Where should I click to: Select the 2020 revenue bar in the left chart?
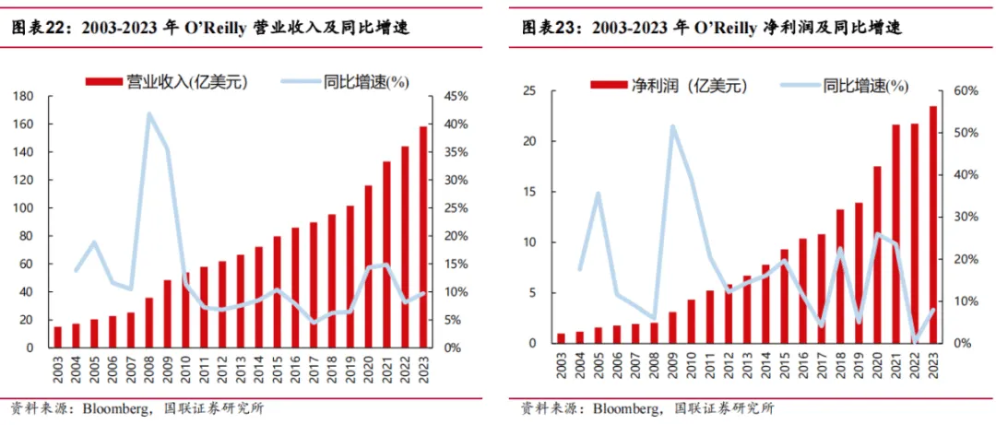pyautogui.click(x=369, y=267)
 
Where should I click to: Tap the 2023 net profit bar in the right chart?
pyautogui.click(x=932, y=226)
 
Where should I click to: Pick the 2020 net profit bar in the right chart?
pyautogui.click(x=878, y=255)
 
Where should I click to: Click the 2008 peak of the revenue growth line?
pyautogui.click(x=148, y=114)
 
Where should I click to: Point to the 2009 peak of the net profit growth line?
pyautogui.click(x=671, y=126)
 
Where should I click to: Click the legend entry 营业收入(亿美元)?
pyautogui.click(x=175, y=82)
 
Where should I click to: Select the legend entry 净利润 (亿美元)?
pyautogui.click(x=672, y=86)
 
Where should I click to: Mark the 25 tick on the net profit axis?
pyautogui.click(x=529, y=91)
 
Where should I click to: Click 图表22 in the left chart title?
pyautogui.click(x=40, y=30)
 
